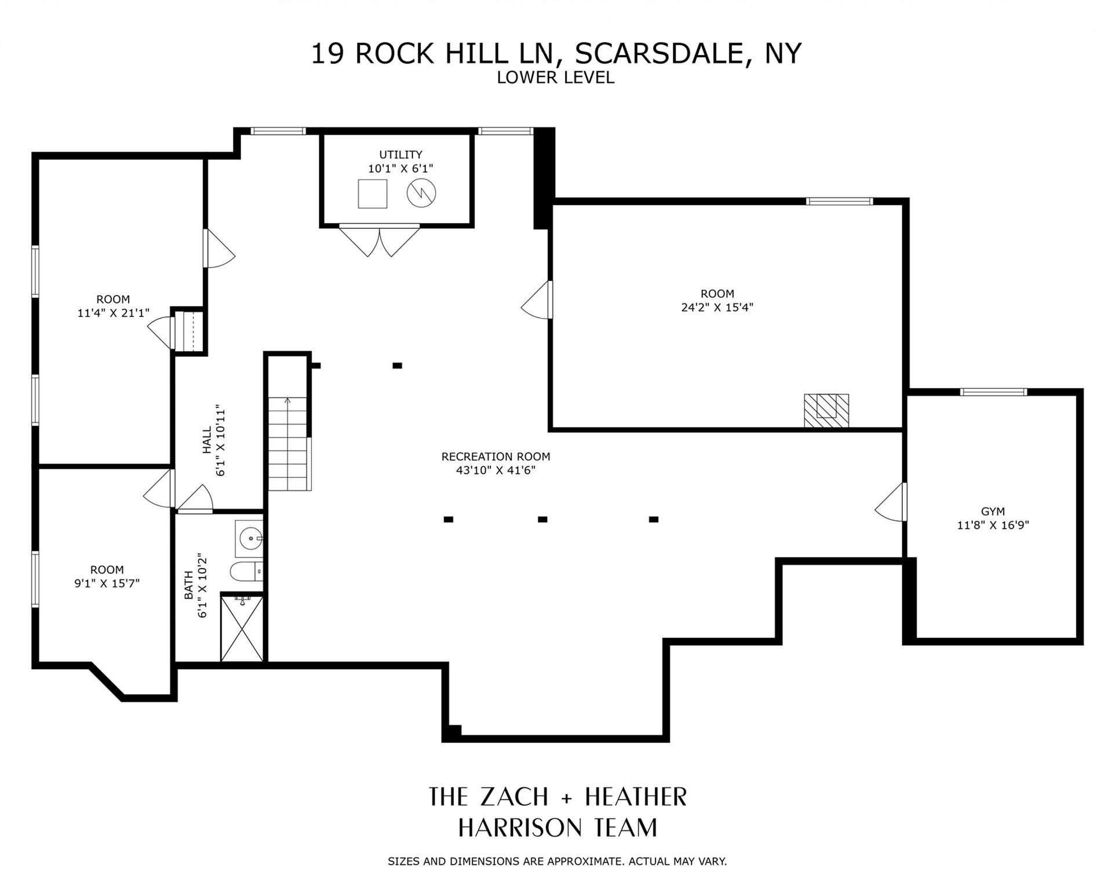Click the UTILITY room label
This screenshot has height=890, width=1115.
tap(400, 155)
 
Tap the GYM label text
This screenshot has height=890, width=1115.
tap(993, 512)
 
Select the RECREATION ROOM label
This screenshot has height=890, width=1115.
tap(495, 457)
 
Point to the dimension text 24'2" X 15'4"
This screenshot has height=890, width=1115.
tap(717, 308)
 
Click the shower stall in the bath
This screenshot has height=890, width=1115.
tap(242, 629)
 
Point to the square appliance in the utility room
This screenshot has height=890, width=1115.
tap(372, 194)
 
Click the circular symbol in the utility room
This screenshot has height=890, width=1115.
tap(421, 193)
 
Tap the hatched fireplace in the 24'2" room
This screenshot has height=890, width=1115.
tap(826, 411)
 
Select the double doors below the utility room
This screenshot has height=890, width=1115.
tap(380, 240)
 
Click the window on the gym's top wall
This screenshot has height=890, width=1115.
tap(993, 392)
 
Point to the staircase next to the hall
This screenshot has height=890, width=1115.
tap(289, 444)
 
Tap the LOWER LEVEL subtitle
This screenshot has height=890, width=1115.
tap(555, 78)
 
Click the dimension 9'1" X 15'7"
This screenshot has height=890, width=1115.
tap(107, 583)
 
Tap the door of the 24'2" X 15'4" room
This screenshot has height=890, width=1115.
tap(537, 300)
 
